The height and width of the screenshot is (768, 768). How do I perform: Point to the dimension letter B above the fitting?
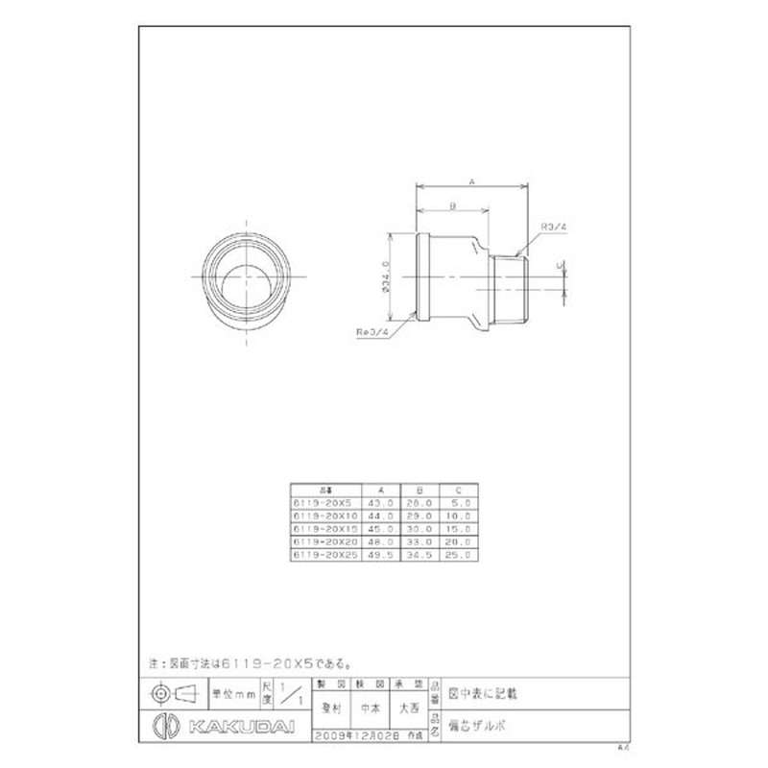pos(451,205)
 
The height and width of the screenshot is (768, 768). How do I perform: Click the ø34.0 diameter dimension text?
pos(386,276)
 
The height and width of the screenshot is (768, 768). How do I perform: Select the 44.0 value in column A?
pos(382,512)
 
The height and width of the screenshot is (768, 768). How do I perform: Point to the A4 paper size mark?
pos(621,745)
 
